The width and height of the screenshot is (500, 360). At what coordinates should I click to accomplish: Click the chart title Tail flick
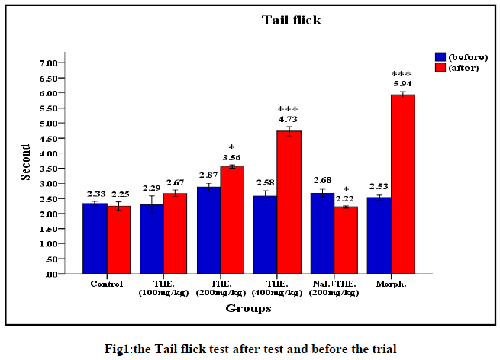[289, 21]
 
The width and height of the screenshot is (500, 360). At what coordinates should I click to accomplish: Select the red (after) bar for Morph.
[403, 183]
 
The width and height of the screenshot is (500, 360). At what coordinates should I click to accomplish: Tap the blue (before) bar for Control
[95, 237]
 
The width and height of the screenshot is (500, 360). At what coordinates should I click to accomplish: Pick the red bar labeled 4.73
[289, 201]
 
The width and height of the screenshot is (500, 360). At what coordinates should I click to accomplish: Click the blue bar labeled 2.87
[208, 230]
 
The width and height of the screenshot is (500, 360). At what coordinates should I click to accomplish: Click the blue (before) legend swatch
[440, 56]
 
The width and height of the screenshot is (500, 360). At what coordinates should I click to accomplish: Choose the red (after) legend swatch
[440, 67]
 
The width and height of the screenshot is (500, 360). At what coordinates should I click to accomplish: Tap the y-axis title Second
[26, 162]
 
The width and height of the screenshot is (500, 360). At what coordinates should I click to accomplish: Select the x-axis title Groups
[249, 309]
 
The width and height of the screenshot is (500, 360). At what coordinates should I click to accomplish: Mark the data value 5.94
[403, 84]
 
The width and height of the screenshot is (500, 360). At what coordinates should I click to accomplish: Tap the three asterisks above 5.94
[402, 74]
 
